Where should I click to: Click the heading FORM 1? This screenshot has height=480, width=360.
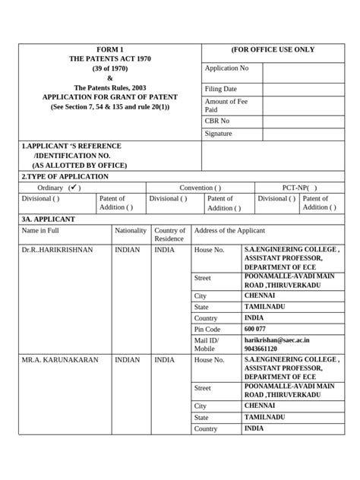click(x=109, y=49)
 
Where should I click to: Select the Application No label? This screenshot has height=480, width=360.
click(x=226, y=68)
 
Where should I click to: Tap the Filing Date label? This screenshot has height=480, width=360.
click(x=221, y=89)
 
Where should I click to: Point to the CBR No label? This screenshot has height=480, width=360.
click(x=217, y=121)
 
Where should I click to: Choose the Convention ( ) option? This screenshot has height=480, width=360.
click(x=201, y=188)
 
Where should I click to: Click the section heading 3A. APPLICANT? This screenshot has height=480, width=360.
click(x=48, y=219)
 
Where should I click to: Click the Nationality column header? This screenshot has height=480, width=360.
click(x=131, y=230)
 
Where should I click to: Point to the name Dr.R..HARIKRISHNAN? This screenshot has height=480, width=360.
click(x=57, y=249)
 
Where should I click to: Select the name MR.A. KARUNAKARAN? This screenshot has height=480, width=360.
click(x=60, y=360)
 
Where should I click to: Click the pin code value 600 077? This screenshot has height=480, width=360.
click(x=255, y=329)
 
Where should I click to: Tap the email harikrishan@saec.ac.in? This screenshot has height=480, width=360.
click(x=277, y=341)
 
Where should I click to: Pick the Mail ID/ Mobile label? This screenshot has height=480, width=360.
click(x=207, y=346)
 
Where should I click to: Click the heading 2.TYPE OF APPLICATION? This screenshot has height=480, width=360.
click(x=65, y=176)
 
